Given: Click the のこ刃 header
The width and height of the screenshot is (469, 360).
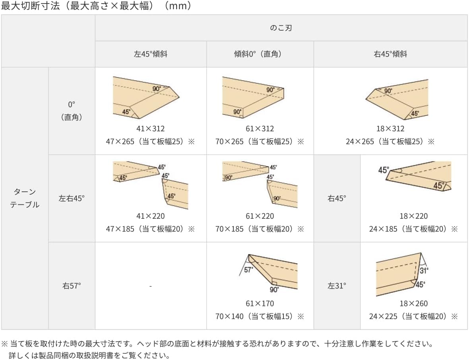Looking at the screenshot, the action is (x=281, y=28).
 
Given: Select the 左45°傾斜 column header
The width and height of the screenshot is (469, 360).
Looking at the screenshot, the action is (x=151, y=54).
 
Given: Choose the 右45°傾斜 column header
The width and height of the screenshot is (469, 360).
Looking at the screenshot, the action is (x=390, y=54).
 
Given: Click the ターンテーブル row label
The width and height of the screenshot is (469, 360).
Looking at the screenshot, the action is (x=25, y=198).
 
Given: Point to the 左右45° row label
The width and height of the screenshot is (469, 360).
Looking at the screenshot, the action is (x=72, y=198).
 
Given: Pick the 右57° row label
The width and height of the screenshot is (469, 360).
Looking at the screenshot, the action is (x=72, y=286).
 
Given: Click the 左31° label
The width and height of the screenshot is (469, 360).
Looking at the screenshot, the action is (x=337, y=286).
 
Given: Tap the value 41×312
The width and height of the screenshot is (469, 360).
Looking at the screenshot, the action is (x=151, y=128).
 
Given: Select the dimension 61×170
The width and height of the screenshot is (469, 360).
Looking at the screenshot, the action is (x=260, y=304).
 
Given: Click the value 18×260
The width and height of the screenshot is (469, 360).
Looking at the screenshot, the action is (x=414, y=304).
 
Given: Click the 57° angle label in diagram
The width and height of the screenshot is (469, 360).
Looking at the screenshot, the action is (x=248, y=270).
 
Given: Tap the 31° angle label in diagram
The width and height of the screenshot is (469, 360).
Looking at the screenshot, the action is (x=424, y=270).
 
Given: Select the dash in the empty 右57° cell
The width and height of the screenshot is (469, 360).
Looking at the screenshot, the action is (x=151, y=286).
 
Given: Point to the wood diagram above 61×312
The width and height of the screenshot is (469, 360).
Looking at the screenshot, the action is (x=253, y=97).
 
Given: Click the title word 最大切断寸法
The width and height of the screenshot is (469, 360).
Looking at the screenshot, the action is (x=31, y=6).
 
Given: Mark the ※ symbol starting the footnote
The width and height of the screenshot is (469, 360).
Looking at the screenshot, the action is (x=5, y=344).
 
